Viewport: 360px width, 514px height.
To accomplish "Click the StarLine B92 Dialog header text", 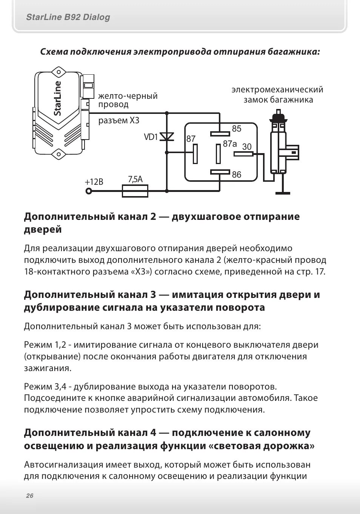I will point(68,17).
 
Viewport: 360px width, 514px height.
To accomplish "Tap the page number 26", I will point(30,496).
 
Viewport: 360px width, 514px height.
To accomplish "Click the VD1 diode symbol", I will point(167,136).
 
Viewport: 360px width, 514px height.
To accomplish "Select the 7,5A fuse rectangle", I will point(135,191).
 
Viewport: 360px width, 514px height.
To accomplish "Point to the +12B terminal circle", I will point(89,191).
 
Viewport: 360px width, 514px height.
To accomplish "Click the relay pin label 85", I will point(237,129).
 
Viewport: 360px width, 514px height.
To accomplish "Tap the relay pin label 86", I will point(237,175).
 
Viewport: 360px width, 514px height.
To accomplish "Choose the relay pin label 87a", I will point(229,144).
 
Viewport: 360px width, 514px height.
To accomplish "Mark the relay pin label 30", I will point(247,147).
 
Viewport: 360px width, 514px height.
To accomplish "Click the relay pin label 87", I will point(191,139).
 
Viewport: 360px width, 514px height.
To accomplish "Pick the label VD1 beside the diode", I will point(151,137).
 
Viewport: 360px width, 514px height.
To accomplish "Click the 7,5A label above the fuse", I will point(135,179).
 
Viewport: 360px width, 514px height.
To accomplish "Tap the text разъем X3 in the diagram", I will point(119,121).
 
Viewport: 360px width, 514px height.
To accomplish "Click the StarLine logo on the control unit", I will point(57,98).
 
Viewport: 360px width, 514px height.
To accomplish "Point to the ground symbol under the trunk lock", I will point(283,192).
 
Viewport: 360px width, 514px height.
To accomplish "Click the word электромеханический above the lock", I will point(277,90).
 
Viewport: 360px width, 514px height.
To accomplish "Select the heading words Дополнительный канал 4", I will point(90,433).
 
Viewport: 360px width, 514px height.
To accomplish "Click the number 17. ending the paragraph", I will point(320,272).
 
